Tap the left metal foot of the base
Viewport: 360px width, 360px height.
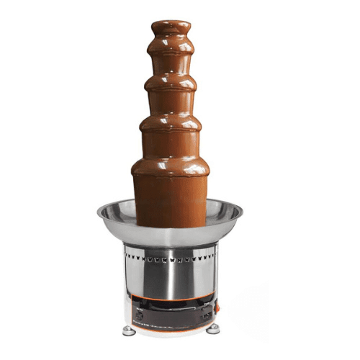(x=128, y=330)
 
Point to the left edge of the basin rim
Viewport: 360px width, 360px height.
(x=100, y=212)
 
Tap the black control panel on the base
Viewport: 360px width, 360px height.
(x=173, y=313)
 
